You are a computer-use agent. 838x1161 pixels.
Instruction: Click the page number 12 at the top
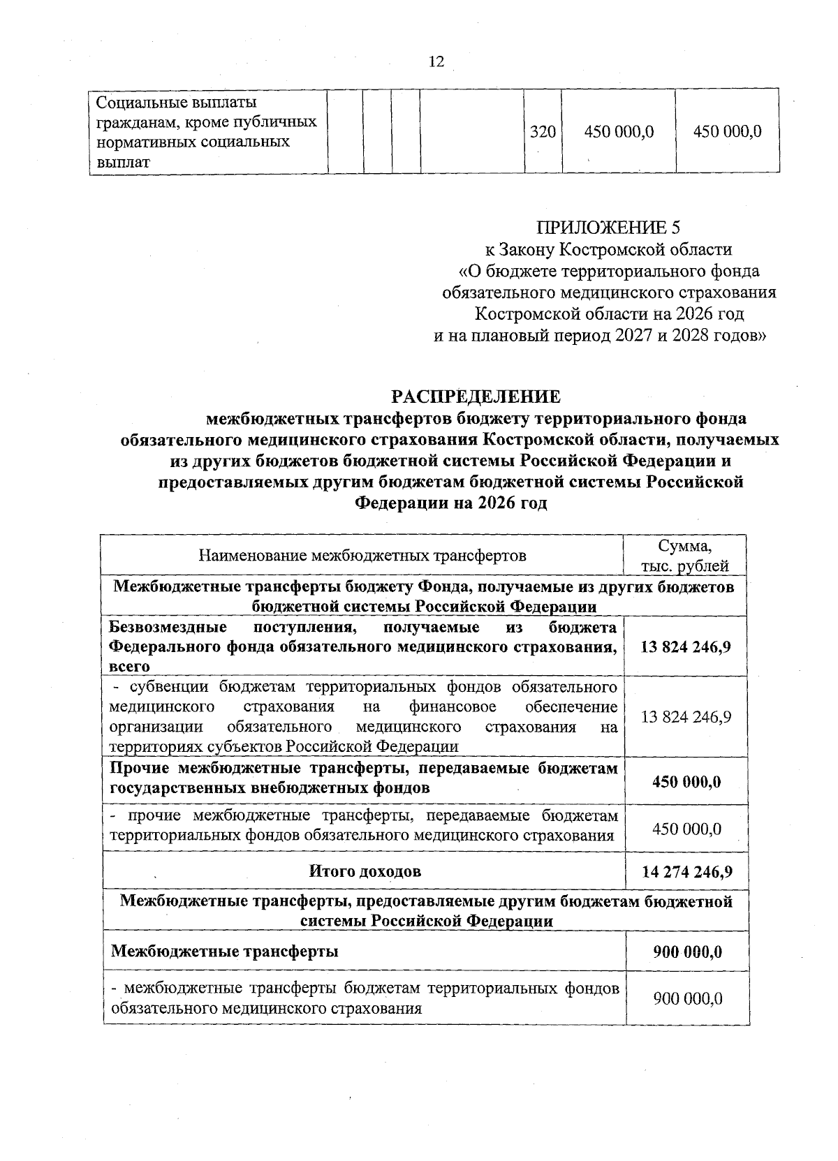pos(436,62)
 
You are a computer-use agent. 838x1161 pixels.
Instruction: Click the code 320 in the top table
pos(543,131)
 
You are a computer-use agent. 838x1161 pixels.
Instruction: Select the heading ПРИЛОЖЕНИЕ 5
pos(608,227)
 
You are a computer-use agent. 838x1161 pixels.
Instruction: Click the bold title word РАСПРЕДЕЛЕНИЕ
pos(476,397)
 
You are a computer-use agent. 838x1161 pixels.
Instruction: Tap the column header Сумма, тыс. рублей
pos(685,556)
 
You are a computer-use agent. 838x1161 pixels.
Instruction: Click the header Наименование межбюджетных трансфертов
pos(362,556)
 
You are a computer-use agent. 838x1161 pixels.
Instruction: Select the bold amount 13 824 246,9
pos(686,646)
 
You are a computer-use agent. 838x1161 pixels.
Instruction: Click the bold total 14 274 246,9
pos(686,871)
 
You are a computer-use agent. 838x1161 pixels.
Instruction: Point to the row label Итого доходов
pos(365,871)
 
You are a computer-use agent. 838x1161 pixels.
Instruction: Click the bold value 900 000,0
pos(687,952)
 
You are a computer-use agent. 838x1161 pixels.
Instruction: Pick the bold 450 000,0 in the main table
pos(686,781)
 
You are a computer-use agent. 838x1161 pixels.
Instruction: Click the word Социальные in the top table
pos(137,103)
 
